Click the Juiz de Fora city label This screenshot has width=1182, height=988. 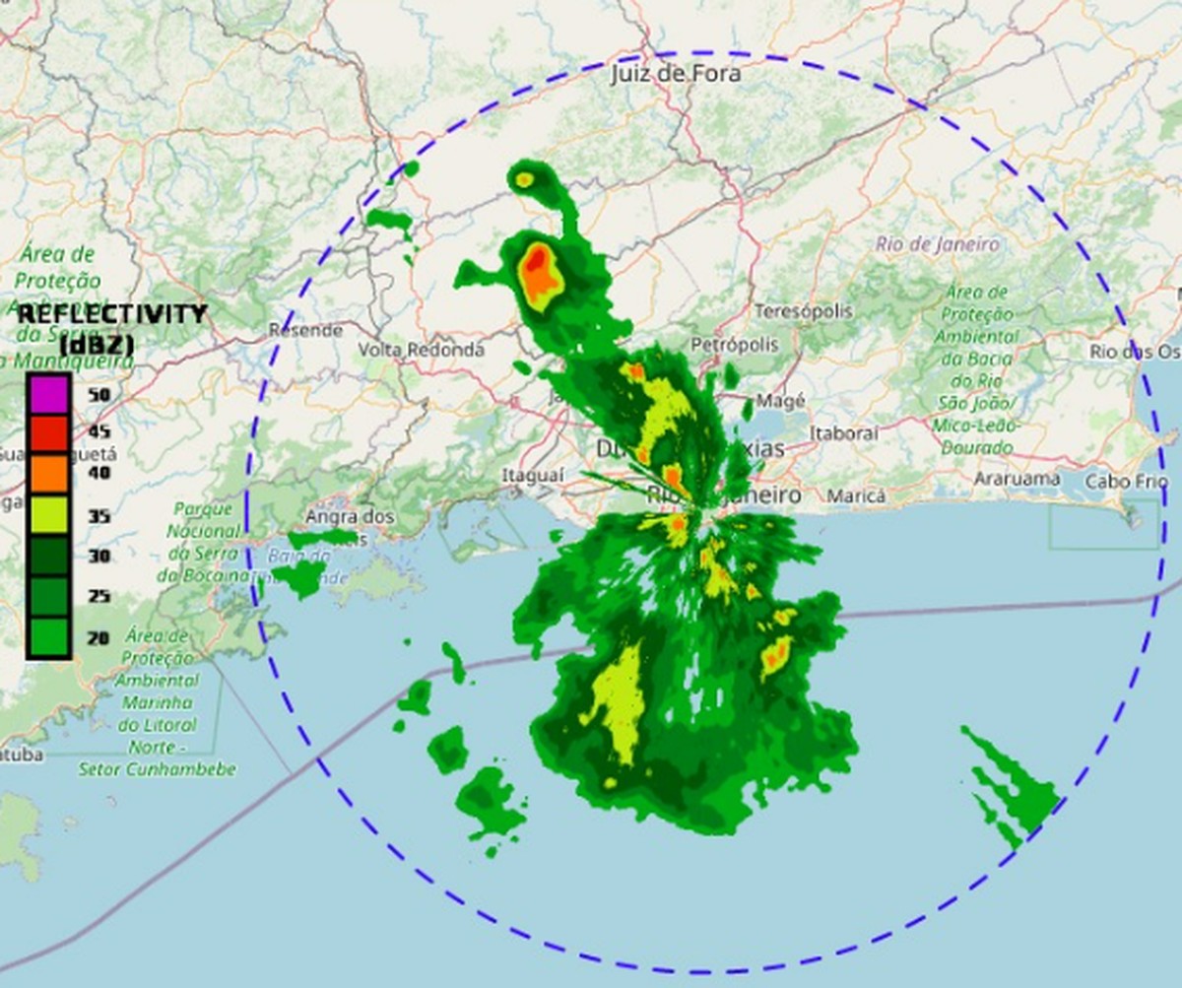[675, 73]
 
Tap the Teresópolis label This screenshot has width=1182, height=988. [803, 311]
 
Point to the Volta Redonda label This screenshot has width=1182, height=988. [421, 350]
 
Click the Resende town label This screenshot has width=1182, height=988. [305, 330]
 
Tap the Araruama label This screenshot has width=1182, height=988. [1017, 480]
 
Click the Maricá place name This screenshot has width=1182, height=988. [855, 495]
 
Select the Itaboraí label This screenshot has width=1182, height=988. [843, 432]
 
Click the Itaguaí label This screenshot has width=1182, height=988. [533, 476]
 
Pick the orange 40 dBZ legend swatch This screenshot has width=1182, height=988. [47, 474]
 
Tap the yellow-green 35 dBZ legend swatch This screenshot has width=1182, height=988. [47, 515]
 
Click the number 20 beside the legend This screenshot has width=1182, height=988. [98, 638]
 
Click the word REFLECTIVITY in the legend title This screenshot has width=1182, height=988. [112, 314]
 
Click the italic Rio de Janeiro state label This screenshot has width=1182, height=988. [937, 244]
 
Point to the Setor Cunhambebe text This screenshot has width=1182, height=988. [158, 769]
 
